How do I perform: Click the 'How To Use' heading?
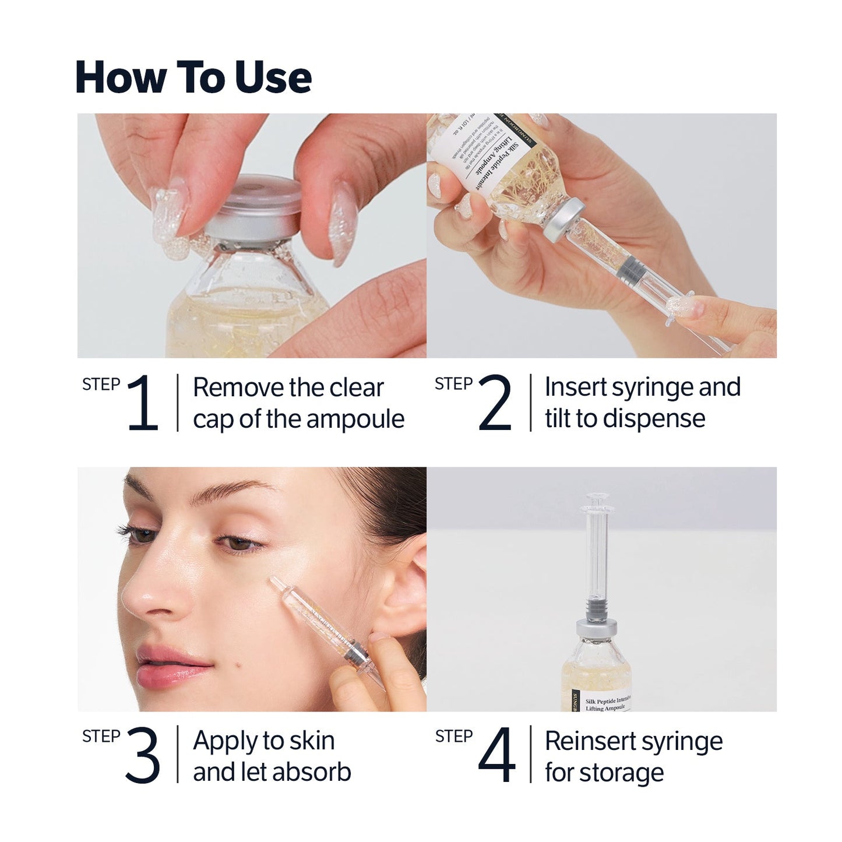click(193, 77)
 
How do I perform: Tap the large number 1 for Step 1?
click(143, 403)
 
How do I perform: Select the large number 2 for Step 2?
click(495, 403)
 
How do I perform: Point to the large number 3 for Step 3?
click(142, 755)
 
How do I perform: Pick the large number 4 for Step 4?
click(496, 755)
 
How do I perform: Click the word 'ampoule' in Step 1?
click(355, 420)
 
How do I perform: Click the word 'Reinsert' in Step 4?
click(585, 741)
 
